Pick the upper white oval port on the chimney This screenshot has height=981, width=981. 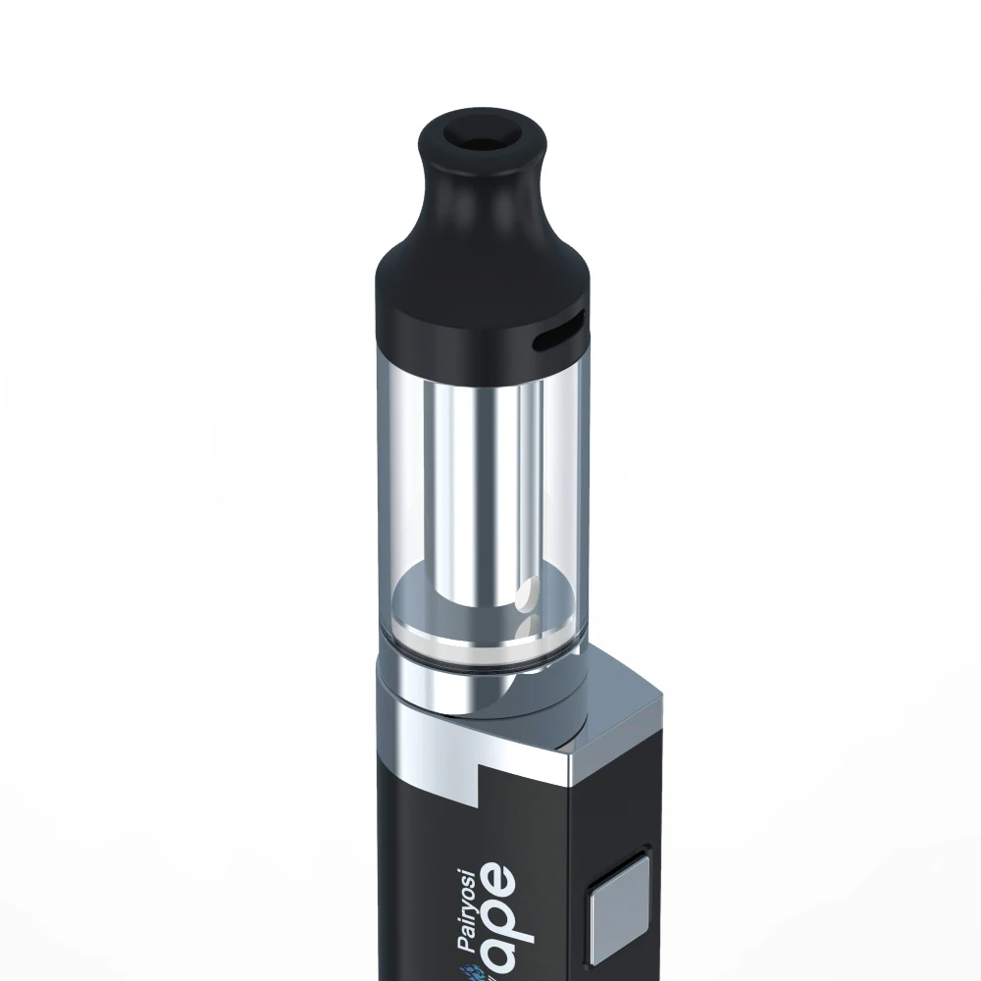(527, 593)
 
